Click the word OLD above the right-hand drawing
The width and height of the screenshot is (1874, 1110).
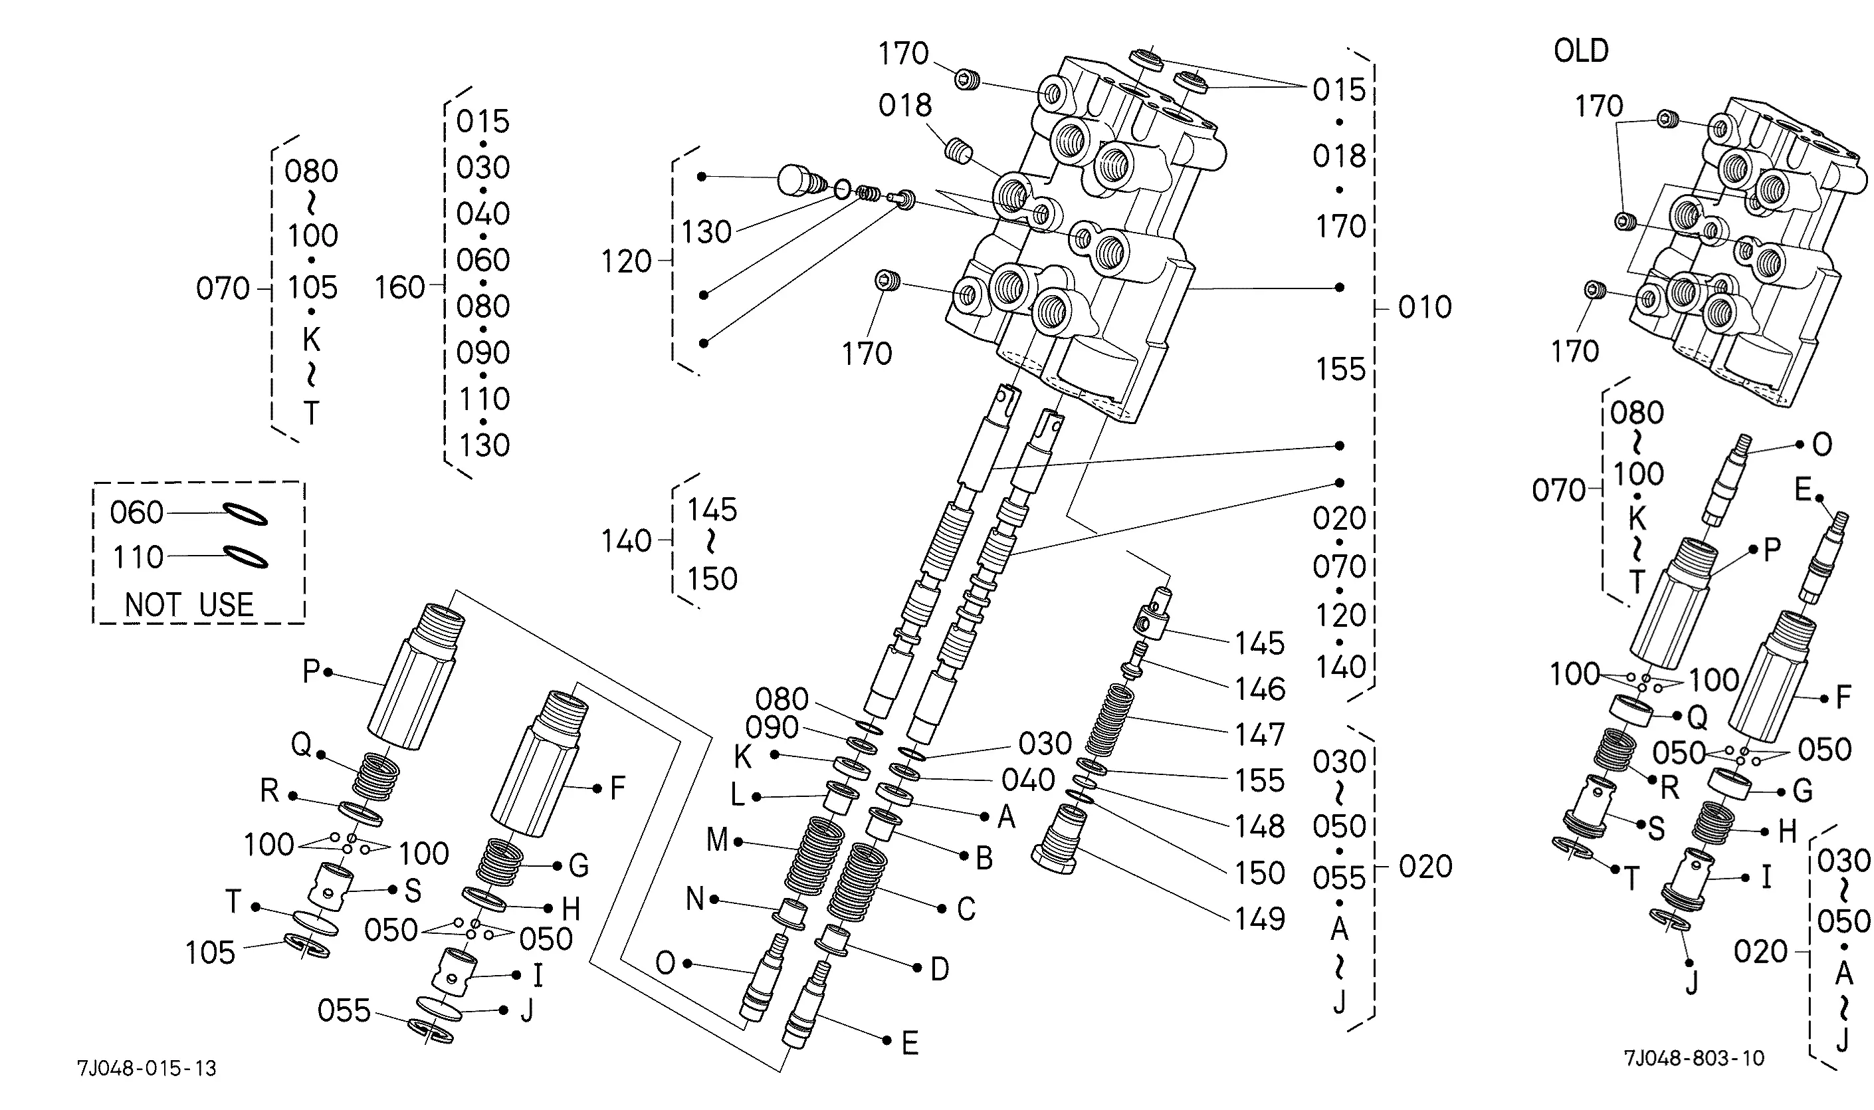[x=1581, y=51]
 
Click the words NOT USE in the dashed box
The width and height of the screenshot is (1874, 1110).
[x=189, y=604]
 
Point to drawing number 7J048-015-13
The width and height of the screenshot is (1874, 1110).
[x=147, y=1068]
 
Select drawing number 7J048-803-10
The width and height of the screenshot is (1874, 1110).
[x=1694, y=1057]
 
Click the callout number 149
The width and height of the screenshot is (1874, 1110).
[x=1259, y=919]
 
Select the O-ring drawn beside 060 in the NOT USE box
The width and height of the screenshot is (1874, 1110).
[x=246, y=514]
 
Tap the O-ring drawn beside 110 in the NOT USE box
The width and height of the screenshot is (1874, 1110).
[x=246, y=556]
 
